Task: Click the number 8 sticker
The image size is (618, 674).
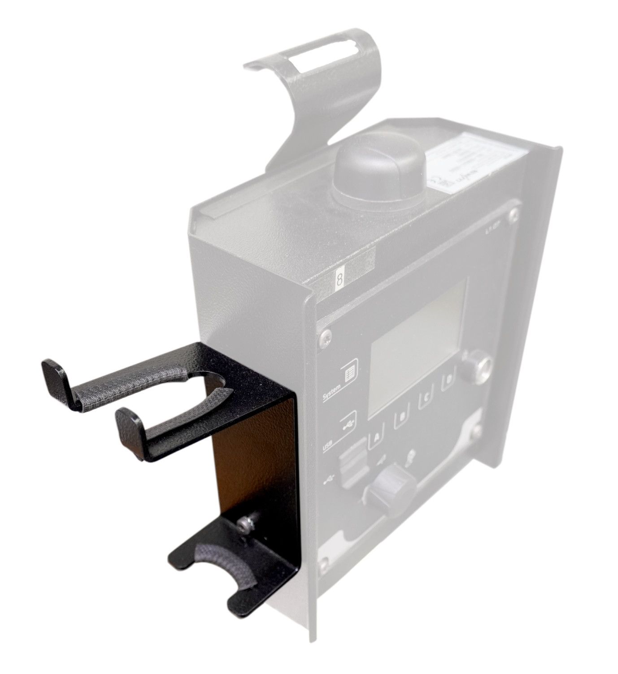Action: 339,281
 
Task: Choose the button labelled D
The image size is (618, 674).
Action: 448,382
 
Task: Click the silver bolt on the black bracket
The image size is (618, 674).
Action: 244,521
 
